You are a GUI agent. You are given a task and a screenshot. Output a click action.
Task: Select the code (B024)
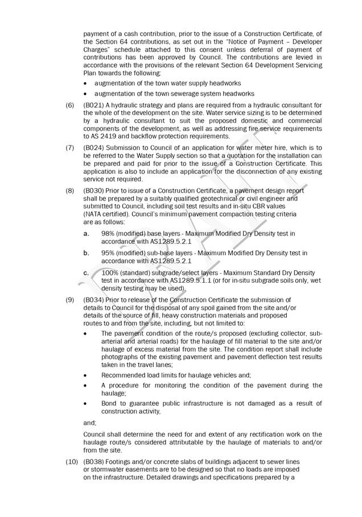93,148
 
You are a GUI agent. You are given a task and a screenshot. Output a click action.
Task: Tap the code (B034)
93,300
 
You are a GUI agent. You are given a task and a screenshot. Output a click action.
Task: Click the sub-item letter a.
86,234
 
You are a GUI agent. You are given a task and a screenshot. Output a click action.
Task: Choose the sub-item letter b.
86,253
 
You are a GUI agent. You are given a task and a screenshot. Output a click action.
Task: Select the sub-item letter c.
86,272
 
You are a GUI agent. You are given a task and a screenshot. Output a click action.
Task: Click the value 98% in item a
108,234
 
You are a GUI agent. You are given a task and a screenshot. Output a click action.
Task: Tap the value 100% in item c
109,272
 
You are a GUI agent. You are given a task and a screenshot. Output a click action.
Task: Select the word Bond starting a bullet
110,404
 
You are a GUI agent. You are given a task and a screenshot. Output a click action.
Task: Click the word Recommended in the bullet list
122,375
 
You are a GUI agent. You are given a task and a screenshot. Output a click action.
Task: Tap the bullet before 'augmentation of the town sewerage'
85,93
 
